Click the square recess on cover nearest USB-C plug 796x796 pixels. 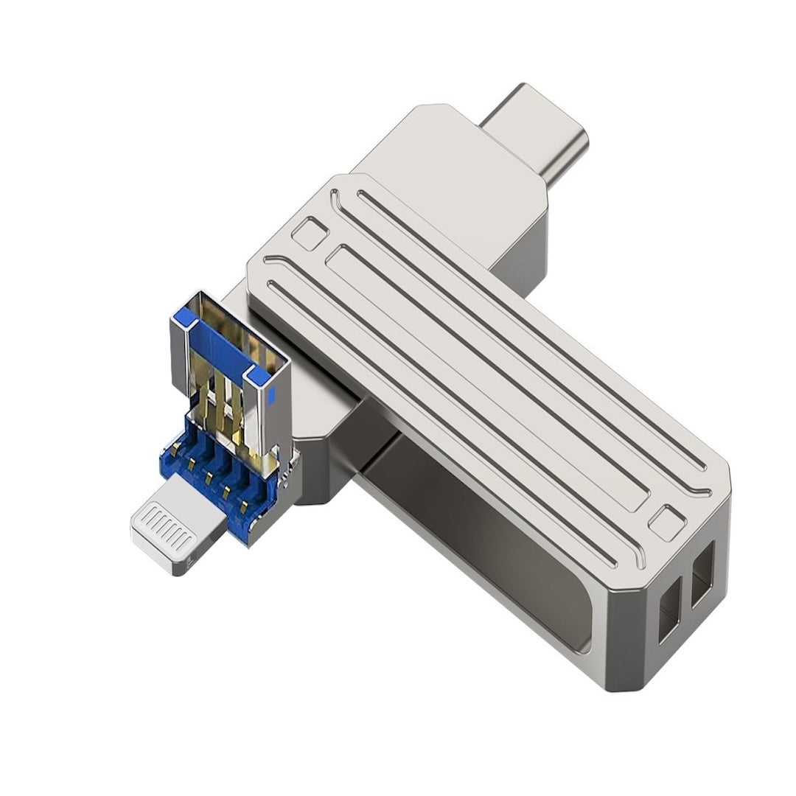click(307, 234)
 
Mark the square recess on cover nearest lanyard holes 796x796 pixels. click(668, 523)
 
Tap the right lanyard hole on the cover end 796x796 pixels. click(702, 572)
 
